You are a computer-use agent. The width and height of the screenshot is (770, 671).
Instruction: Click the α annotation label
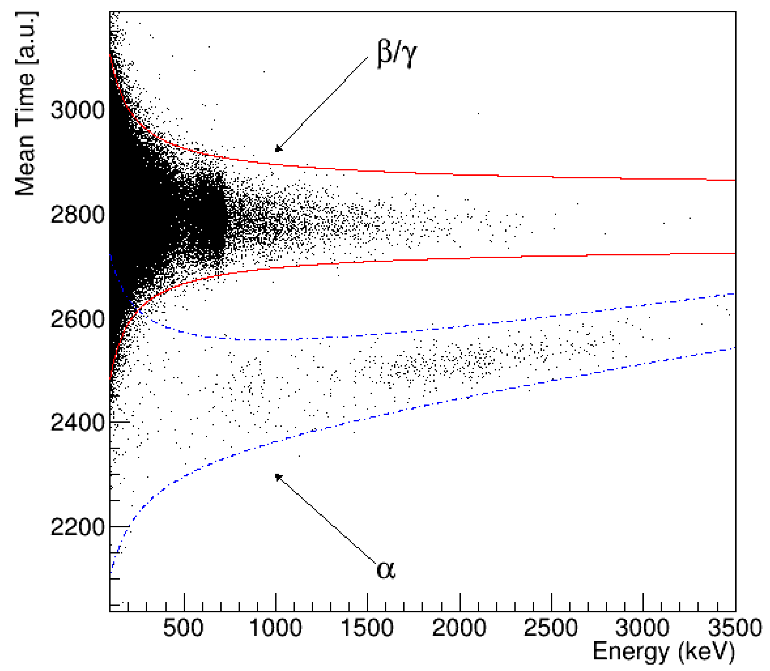pyautogui.click(x=386, y=570)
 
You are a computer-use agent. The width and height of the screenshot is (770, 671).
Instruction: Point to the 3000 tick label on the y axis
pyautogui.click(x=77, y=111)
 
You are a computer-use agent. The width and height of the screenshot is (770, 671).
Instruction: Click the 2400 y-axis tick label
pyautogui.click(x=77, y=423)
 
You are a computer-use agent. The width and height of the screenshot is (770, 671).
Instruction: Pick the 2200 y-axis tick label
pyautogui.click(x=77, y=527)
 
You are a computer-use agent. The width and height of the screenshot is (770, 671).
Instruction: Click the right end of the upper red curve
pyautogui.click(x=735, y=180)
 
